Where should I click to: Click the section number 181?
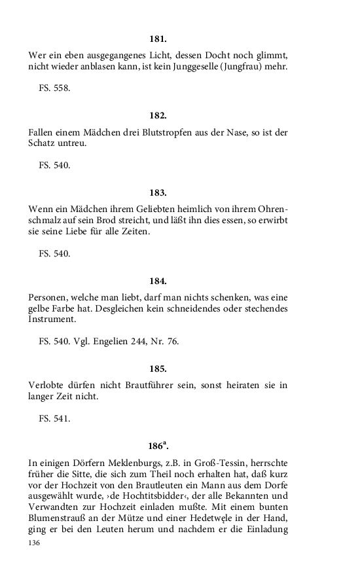pyautogui.click(x=158, y=39)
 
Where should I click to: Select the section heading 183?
pyautogui.click(x=158, y=192)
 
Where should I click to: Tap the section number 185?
pyautogui.click(x=158, y=369)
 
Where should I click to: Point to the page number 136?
pyautogui.click(x=35, y=543)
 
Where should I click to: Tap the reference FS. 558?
pyautogui.click(x=54, y=88)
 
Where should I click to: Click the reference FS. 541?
pyautogui.click(x=54, y=418)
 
